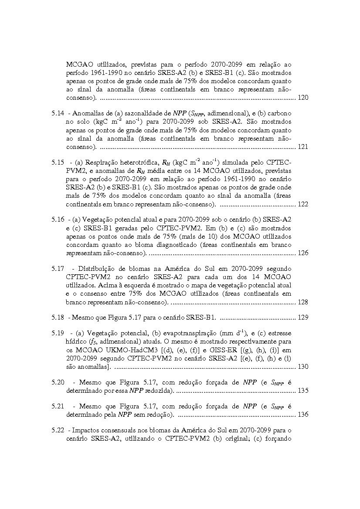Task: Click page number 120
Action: (303, 97)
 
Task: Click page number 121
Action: (303, 147)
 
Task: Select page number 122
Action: (303, 204)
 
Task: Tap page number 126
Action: (303, 253)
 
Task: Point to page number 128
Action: (303, 302)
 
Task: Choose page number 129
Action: (303, 317)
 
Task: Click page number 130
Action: (303, 367)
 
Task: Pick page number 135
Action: (303, 391)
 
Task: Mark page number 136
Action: (303, 414)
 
